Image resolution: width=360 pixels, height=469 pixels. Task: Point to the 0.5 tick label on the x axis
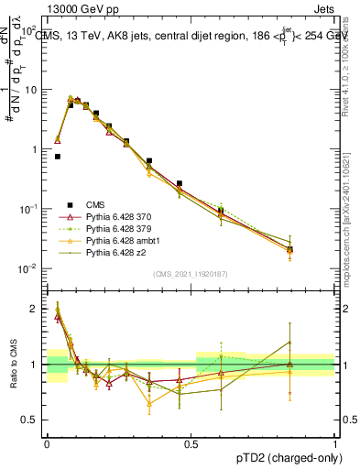(191, 442)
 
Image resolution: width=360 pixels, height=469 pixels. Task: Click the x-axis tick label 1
(335, 442)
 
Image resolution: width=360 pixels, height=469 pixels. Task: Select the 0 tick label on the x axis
(47, 442)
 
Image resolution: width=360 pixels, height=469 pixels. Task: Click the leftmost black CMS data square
(57, 157)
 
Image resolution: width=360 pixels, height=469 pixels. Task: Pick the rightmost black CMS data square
(316, 249)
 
